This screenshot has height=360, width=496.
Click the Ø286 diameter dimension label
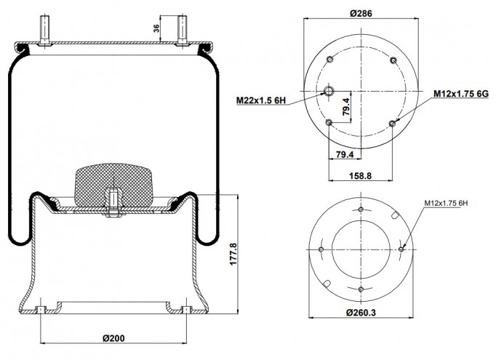(x=361, y=13)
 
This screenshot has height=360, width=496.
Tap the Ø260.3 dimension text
(x=361, y=313)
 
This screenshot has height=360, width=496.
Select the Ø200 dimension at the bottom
(x=113, y=338)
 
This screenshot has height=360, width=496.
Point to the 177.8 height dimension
(x=233, y=254)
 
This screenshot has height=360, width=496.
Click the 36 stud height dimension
(x=156, y=29)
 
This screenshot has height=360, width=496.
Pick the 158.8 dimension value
(x=360, y=175)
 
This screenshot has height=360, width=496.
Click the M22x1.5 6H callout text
(x=261, y=100)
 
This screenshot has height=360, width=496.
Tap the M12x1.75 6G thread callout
(x=461, y=94)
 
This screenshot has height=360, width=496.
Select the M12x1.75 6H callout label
(x=446, y=203)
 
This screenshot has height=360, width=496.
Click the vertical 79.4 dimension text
(x=346, y=106)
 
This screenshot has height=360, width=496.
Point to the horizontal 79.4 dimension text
(x=345, y=154)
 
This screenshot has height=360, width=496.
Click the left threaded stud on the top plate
(x=44, y=31)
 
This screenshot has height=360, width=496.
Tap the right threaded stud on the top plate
(x=182, y=31)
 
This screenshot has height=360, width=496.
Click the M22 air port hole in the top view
(x=329, y=91)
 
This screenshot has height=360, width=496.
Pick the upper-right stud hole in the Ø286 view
(x=393, y=60)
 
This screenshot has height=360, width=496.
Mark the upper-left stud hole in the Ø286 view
(x=329, y=60)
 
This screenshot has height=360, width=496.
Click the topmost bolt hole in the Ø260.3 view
(x=361, y=209)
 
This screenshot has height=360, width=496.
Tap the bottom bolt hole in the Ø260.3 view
(x=361, y=289)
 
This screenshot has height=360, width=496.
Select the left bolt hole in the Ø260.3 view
(x=321, y=249)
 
